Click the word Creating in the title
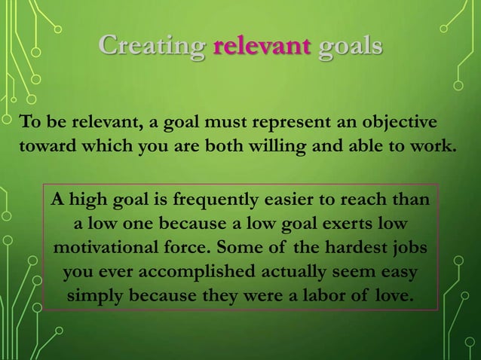pyautogui.click(x=152, y=46)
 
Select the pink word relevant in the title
pyautogui.click(x=262, y=46)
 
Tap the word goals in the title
pyautogui.click(x=350, y=46)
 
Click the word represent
pyautogui.click(x=296, y=123)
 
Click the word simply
pyautogui.click(x=100, y=294)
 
